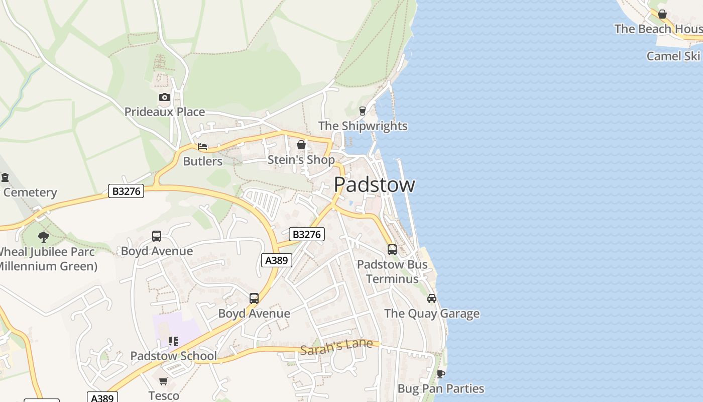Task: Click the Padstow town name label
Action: click(374, 185)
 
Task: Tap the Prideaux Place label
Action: click(165, 112)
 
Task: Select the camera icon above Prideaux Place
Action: click(164, 97)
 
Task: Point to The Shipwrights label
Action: click(363, 126)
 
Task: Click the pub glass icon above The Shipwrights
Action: click(363, 111)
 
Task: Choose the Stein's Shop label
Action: click(301, 160)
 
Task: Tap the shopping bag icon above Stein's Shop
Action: click(301, 145)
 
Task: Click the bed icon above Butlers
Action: click(202, 147)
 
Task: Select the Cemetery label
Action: click(30, 192)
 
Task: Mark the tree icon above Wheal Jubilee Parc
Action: click(44, 237)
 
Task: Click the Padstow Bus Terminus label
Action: click(392, 271)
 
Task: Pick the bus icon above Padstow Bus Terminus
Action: click(392, 249)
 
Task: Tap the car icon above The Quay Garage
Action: click(432, 298)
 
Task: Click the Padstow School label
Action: click(174, 356)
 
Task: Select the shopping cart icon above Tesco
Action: click(164, 381)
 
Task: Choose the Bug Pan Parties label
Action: click(441, 388)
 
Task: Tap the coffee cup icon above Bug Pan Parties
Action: click(440, 374)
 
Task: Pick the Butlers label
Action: click(202, 161)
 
